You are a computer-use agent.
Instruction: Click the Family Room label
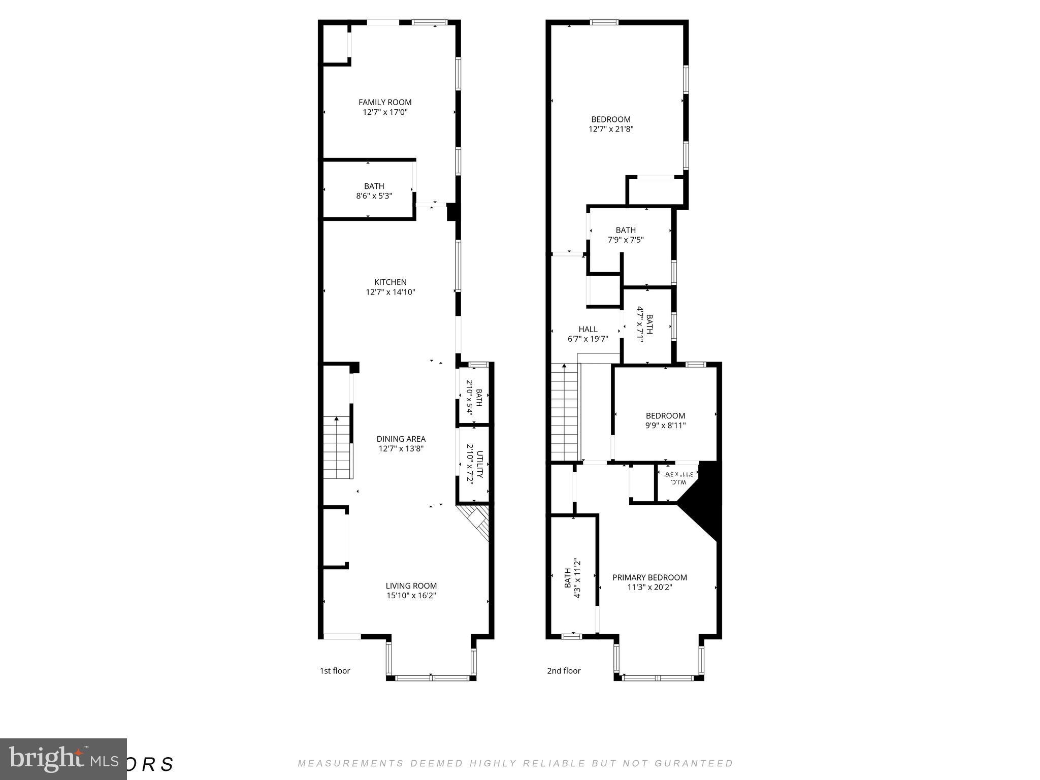tap(385, 103)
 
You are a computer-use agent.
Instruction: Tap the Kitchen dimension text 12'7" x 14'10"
tap(391, 292)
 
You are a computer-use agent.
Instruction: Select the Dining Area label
tap(401, 439)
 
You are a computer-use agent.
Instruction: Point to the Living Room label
tap(411, 586)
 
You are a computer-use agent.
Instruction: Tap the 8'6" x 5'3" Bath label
tap(374, 191)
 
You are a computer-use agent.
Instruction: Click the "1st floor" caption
tap(335, 671)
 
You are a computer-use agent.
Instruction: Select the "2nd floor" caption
tap(564, 671)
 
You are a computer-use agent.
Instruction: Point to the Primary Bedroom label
tap(649, 577)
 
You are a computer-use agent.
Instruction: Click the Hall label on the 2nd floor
tap(588, 329)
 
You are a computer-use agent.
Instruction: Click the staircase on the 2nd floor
tap(565, 411)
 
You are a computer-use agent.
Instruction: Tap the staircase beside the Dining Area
tap(337, 447)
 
